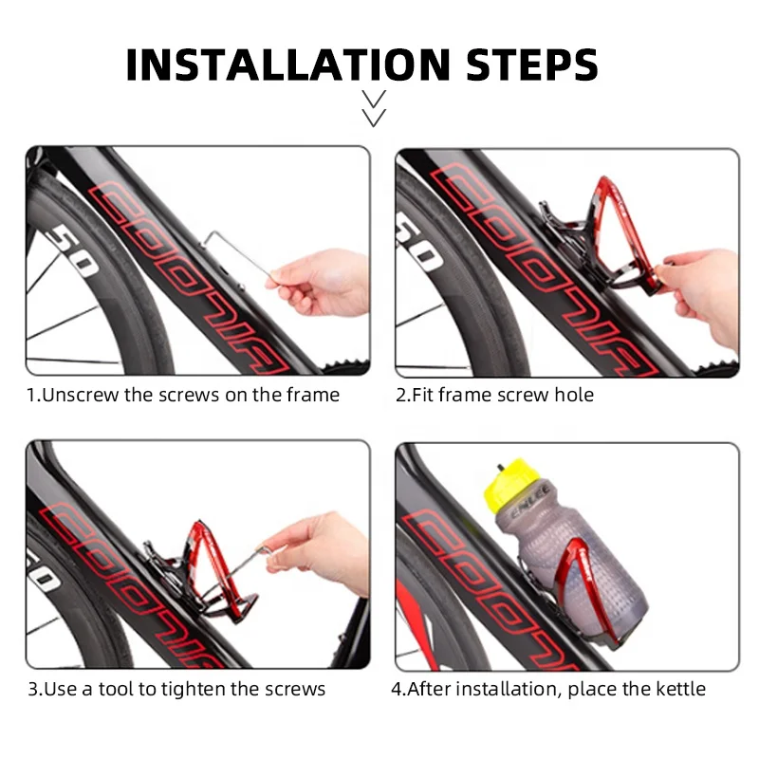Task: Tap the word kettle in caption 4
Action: [676, 689]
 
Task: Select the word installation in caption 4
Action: [504, 689]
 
